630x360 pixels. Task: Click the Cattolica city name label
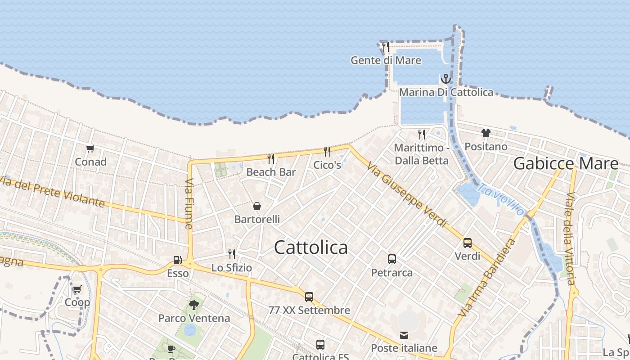(x=310, y=247)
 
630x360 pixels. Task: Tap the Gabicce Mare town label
(x=566, y=163)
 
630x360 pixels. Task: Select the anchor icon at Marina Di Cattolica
(x=445, y=79)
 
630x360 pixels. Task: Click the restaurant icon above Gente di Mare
(x=385, y=46)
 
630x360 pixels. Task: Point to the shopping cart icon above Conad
(x=90, y=148)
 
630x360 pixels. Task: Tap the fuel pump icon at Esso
(x=178, y=260)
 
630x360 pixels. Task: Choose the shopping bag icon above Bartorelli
(x=257, y=206)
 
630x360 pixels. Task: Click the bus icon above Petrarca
(x=392, y=259)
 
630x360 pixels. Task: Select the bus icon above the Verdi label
(x=468, y=243)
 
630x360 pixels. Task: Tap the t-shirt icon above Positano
(x=486, y=133)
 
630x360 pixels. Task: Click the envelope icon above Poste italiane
(x=404, y=335)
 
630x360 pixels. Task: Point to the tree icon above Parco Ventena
(x=194, y=305)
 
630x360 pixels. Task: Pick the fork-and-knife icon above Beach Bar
(x=271, y=158)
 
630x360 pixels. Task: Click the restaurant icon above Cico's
(x=327, y=151)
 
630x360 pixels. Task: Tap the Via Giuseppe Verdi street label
(x=407, y=194)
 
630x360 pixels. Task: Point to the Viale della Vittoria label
(x=571, y=238)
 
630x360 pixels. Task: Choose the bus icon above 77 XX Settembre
(x=309, y=297)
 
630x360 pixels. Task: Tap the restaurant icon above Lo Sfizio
(x=232, y=254)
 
